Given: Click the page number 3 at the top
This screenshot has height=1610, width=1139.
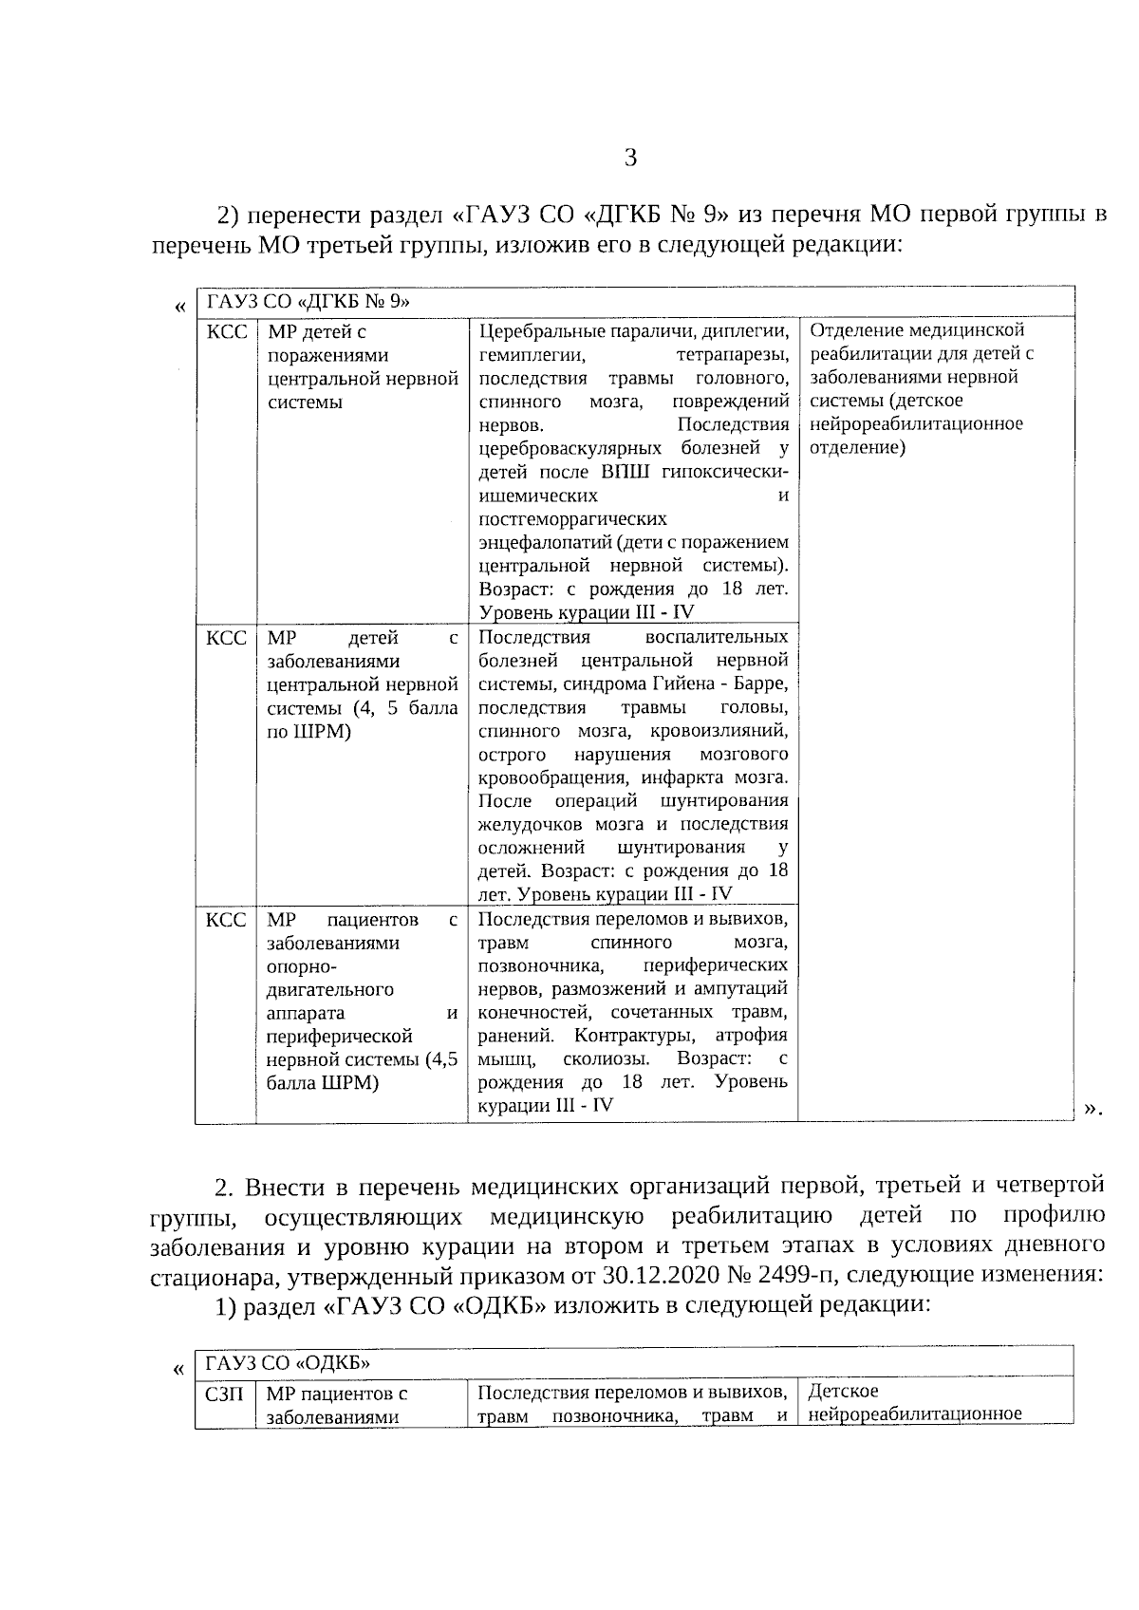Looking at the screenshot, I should click(x=629, y=158).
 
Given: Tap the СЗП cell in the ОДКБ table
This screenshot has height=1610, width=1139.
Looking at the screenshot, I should click(x=225, y=1394).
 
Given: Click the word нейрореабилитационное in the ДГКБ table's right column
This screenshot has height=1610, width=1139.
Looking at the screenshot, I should click(x=916, y=423).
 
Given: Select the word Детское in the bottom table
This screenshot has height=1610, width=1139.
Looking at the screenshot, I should click(x=843, y=1392).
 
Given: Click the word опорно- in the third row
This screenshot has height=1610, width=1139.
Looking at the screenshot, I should click(x=299, y=965).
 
